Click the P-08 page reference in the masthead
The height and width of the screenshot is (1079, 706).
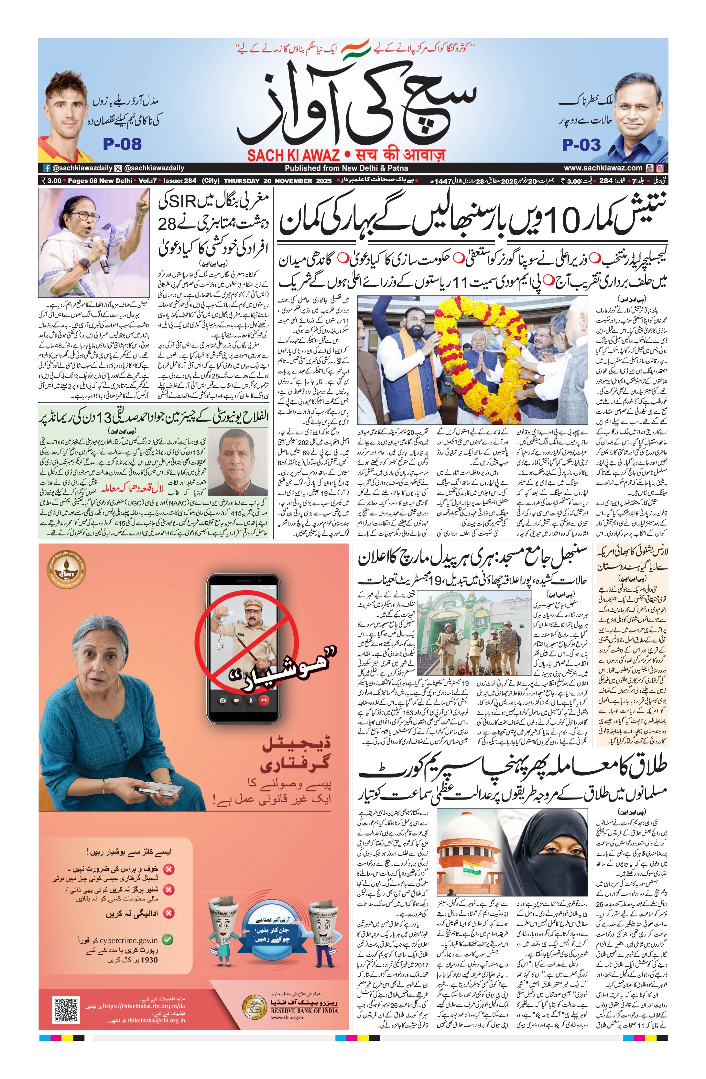(122, 144)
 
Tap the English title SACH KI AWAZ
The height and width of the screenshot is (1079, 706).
(293, 156)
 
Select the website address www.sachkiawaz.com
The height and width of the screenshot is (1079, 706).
(603, 168)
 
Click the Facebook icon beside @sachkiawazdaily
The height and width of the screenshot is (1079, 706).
(46, 168)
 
